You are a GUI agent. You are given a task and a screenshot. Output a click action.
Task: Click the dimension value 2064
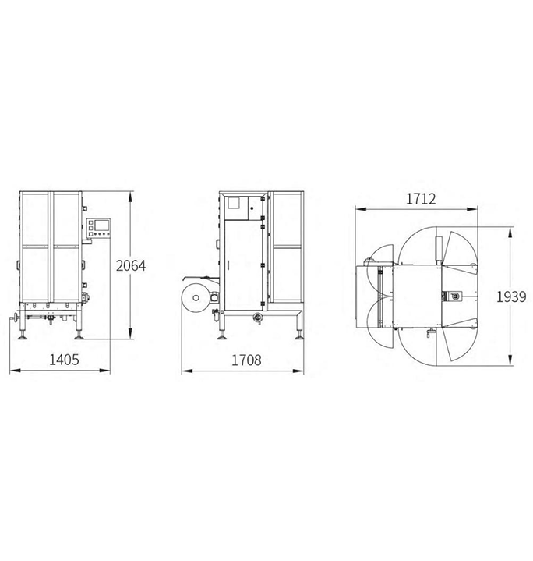coord(131,266)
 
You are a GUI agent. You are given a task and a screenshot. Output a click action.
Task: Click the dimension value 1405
coord(64,360)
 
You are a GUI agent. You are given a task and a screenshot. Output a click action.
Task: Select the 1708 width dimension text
coord(246,360)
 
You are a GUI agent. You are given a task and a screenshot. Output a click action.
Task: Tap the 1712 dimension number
coord(421,198)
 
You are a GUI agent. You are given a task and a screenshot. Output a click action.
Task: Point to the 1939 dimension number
coord(511,296)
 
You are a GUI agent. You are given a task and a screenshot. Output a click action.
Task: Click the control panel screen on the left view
coord(101,225)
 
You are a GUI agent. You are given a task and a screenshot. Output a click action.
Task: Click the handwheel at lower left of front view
coord(15,318)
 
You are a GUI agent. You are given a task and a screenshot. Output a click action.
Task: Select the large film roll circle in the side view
coord(196,297)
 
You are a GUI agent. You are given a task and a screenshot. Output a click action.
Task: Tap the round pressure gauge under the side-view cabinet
coord(257,317)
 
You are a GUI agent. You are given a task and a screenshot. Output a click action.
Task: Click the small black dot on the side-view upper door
coord(252,208)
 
